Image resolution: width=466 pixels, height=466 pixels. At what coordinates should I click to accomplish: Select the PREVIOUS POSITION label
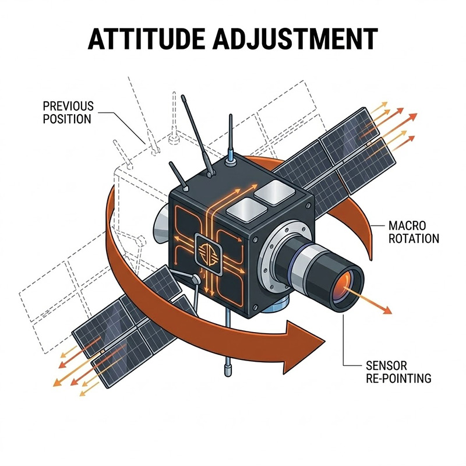[x=68, y=112]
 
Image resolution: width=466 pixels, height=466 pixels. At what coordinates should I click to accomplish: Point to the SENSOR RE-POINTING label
[x=398, y=372]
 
